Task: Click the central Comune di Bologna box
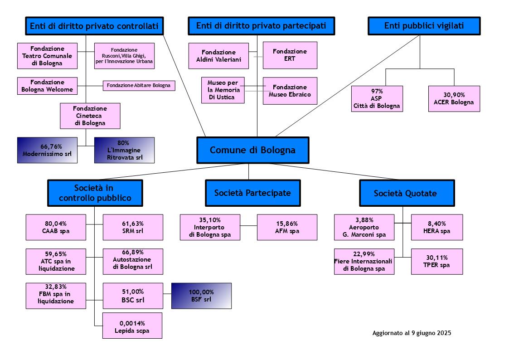pyautogui.click(x=252, y=150)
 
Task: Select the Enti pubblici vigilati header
pyautogui.click(x=424, y=26)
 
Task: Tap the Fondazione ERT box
pyautogui.click(x=290, y=55)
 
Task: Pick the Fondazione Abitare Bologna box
pyautogui.click(x=139, y=86)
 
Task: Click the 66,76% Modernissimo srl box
pyautogui.click(x=48, y=150)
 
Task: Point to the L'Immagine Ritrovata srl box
pyautogui.click(x=124, y=150)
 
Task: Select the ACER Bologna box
pyautogui.click(x=454, y=99)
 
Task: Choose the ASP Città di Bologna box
pyautogui.click(x=377, y=99)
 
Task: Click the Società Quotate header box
pyautogui.click(x=407, y=193)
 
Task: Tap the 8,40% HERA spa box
pyautogui.click(x=437, y=227)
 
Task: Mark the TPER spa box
pyautogui.click(x=437, y=262)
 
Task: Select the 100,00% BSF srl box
pyautogui.click(x=201, y=296)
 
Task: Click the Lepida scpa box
pyautogui.click(x=132, y=326)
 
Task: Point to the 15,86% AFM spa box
pyautogui.click(x=287, y=227)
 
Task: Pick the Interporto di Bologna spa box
pyautogui.click(x=210, y=227)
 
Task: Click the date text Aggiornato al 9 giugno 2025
pyautogui.click(x=412, y=333)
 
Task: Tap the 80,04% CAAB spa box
pyautogui.click(x=56, y=227)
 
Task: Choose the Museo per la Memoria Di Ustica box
pyautogui.click(x=223, y=90)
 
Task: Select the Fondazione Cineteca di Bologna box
pyautogui.click(x=90, y=116)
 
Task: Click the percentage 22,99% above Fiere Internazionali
pyautogui.click(x=364, y=254)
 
